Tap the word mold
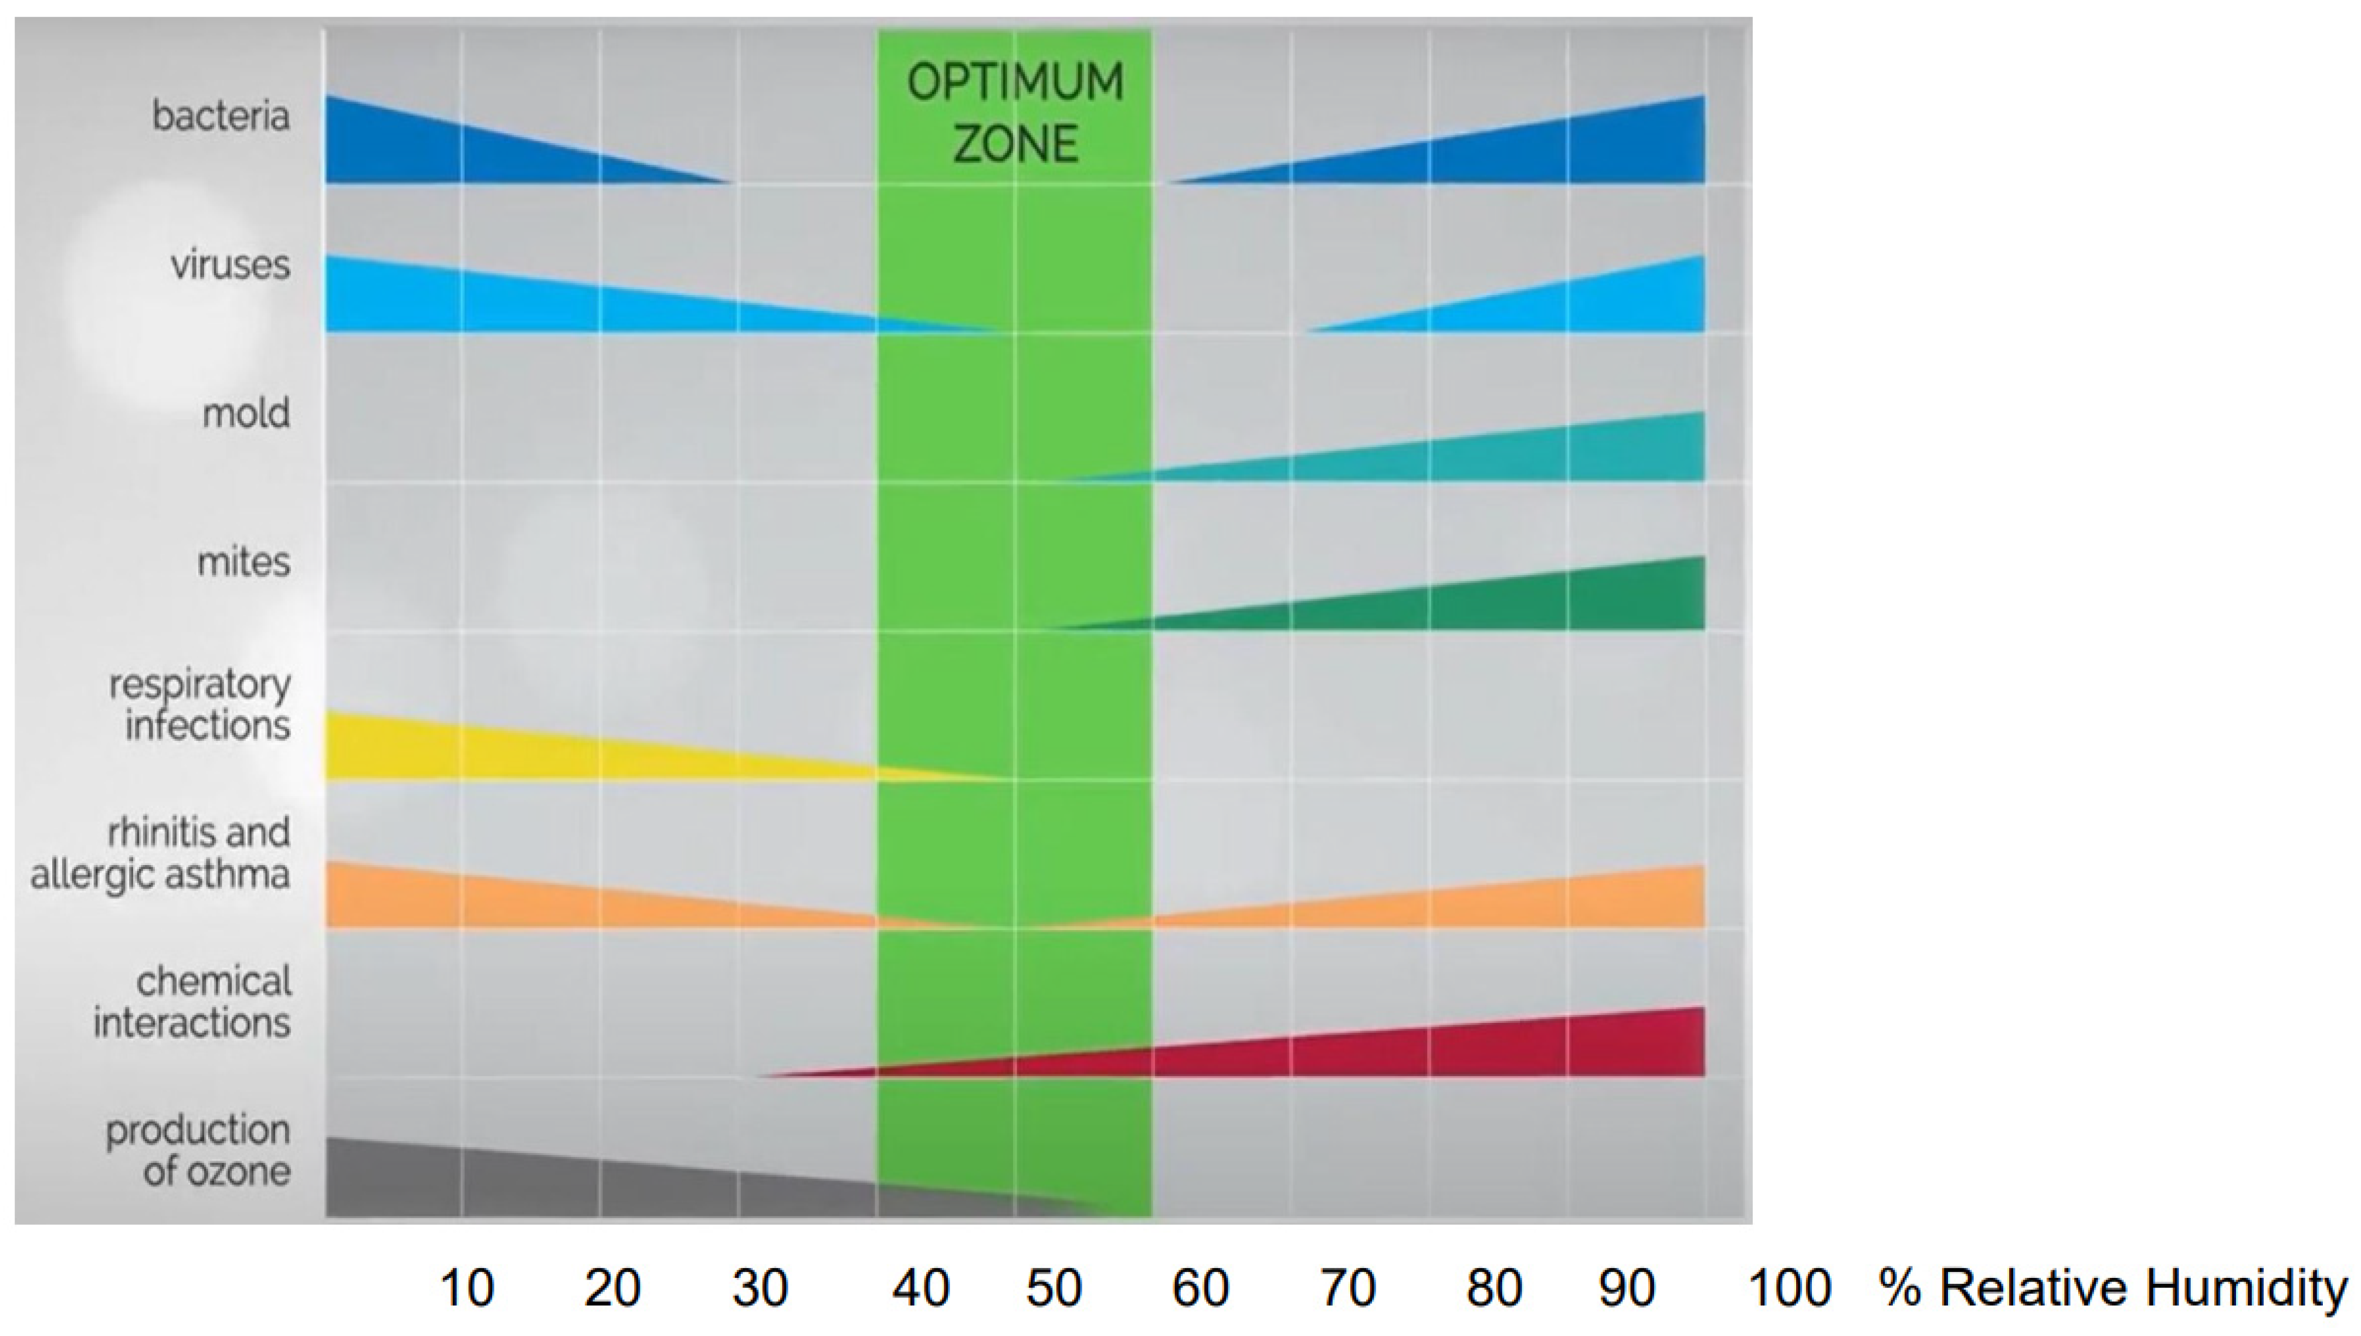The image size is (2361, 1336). (245, 414)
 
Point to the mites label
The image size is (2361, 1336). (243, 562)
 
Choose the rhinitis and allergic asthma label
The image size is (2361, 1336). (161, 852)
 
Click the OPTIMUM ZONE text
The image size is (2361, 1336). (1015, 113)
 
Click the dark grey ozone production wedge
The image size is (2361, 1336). (551, 1184)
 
